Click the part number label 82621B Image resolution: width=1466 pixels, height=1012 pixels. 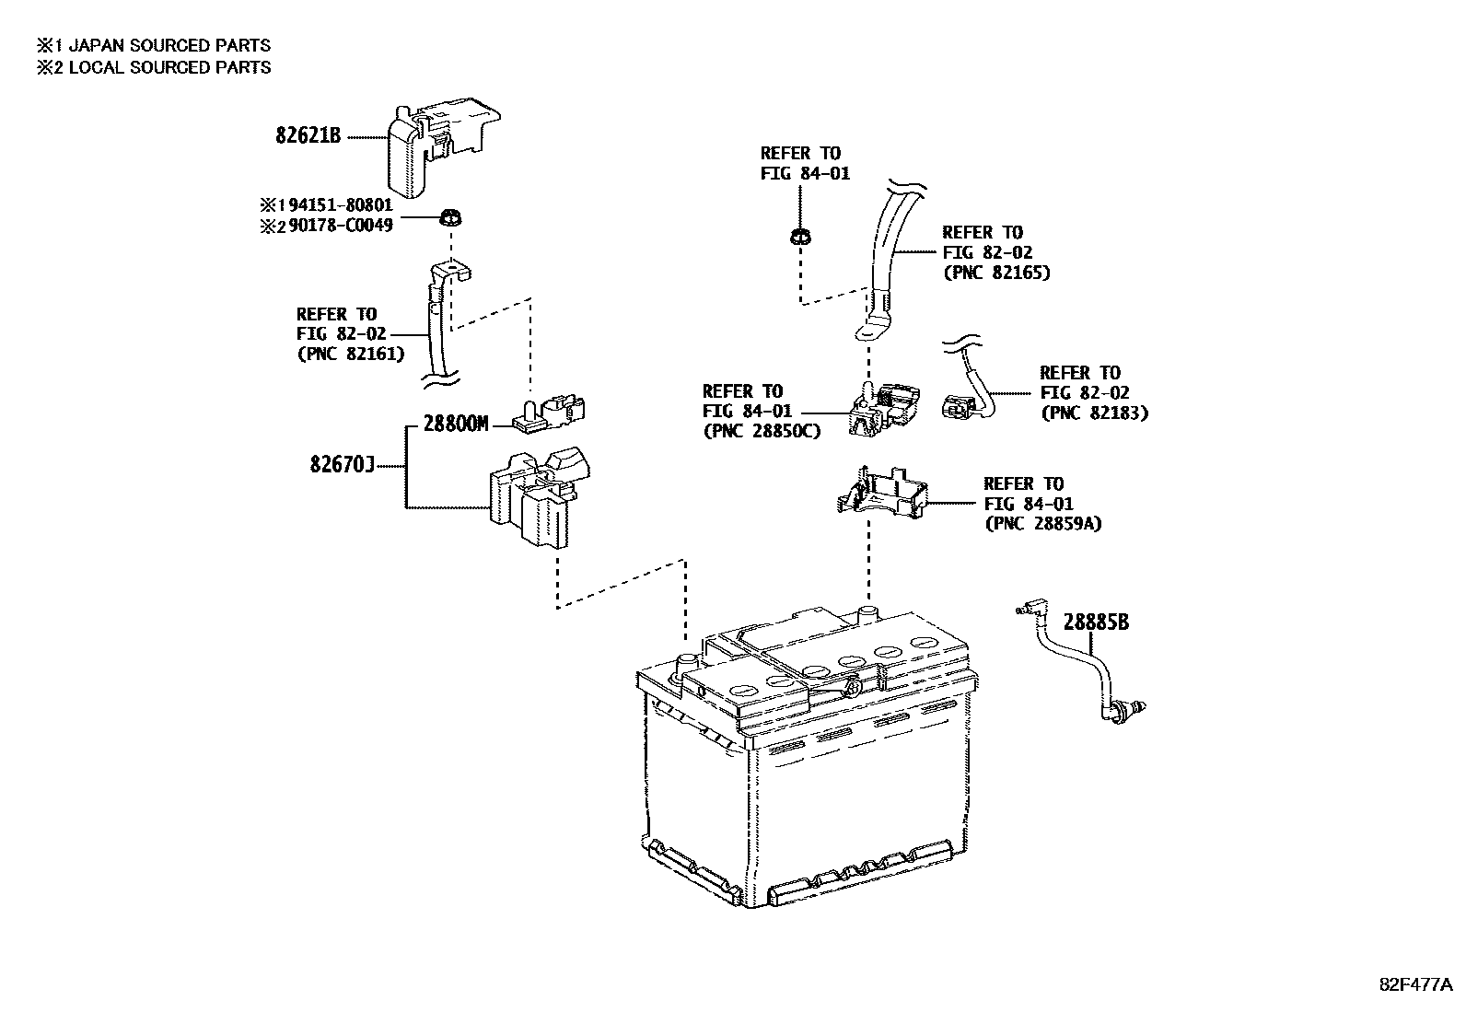[308, 135]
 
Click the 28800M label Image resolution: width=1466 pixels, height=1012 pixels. [455, 425]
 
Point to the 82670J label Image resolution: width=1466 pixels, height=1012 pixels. [342, 466]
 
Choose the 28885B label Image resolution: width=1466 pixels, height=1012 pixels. [1096, 622]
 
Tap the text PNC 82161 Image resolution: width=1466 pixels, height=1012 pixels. [350, 354]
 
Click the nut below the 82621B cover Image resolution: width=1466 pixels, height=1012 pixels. [451, 218]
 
